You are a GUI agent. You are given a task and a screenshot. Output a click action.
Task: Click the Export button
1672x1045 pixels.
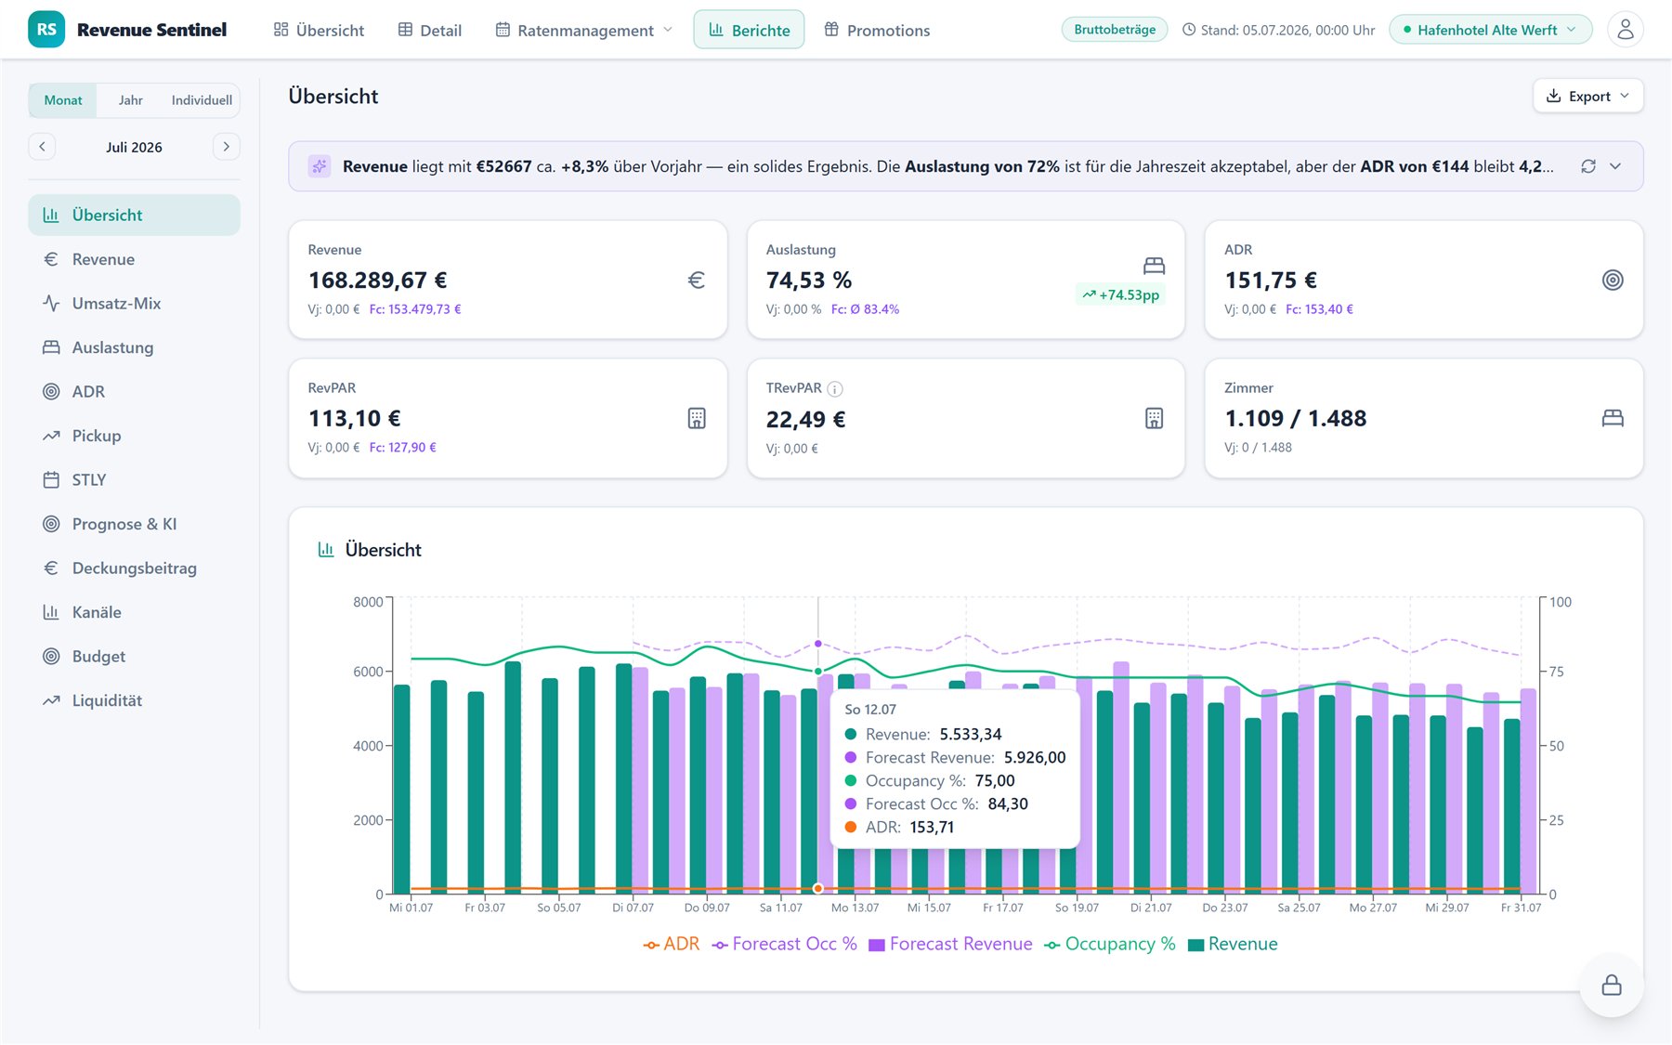coord(1587,96)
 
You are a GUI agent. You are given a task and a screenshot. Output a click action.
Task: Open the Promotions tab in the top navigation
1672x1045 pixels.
coord(877,30)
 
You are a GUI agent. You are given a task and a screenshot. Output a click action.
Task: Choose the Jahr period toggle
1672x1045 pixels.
coord(130,100)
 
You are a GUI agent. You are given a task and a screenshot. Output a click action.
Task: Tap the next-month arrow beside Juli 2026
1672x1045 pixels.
coord(226,147)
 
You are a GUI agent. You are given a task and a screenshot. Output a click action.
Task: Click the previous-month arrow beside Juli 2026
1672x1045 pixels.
coord(42,147)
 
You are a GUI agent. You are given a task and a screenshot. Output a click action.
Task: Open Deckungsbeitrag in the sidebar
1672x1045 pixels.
coord(135,568)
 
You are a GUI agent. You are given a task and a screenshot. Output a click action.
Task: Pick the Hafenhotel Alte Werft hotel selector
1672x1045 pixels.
coord(1490,30)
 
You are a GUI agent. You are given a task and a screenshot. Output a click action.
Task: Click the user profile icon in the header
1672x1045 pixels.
coord(1625,30)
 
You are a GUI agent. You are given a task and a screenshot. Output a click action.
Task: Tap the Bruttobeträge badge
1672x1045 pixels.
coord(1115,30)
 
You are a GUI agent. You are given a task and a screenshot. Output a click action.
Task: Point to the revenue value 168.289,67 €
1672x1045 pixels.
coord(377,280)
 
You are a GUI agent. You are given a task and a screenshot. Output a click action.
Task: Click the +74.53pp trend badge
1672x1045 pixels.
coord(1120,294)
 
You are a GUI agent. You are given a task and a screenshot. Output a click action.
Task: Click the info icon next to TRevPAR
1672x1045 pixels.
coord(835,388)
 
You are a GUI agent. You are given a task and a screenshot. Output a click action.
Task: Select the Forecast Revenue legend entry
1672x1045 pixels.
coord(950,944)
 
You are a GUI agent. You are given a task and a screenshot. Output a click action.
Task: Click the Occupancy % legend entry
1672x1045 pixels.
coord(1110,944)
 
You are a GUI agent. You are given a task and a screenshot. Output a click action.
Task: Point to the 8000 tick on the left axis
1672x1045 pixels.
coord(368,602)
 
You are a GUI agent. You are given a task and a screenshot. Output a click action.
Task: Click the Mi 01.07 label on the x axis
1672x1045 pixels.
coord(411,908)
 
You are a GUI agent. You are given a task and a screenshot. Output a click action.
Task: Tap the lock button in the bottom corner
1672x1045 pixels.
coord(1612,985)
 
